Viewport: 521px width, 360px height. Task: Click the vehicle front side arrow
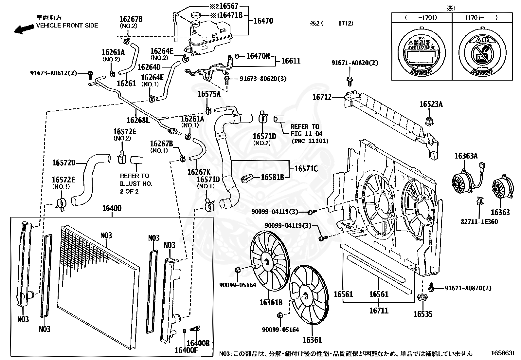tap(24, 29)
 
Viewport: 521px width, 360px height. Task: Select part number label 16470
tap(263, 21)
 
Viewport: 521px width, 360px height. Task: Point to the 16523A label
tap(431, 104)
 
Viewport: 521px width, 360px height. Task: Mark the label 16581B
tap(272, 178)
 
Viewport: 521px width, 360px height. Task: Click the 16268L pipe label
tap(138, 120)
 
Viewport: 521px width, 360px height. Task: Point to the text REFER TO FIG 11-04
tap(306, 130)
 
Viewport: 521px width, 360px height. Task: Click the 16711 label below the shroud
tap(379, 310)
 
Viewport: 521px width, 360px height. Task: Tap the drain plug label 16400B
tap(198, 343)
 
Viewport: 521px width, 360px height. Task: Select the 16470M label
tap(258, 56)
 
